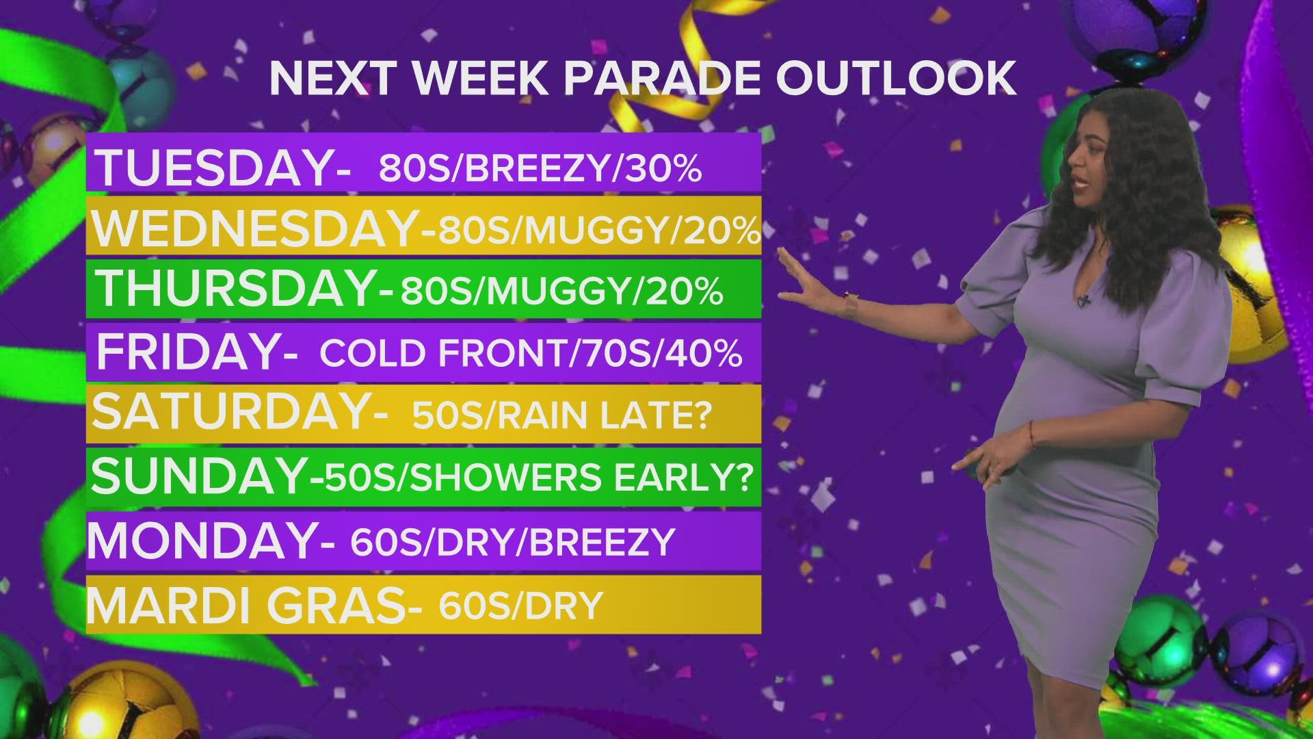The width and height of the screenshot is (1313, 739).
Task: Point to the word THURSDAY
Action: pos(237,289)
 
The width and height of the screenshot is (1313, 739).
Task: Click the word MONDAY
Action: pos(202,541)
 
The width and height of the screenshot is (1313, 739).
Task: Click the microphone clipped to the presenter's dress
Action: pos(1083,299)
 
